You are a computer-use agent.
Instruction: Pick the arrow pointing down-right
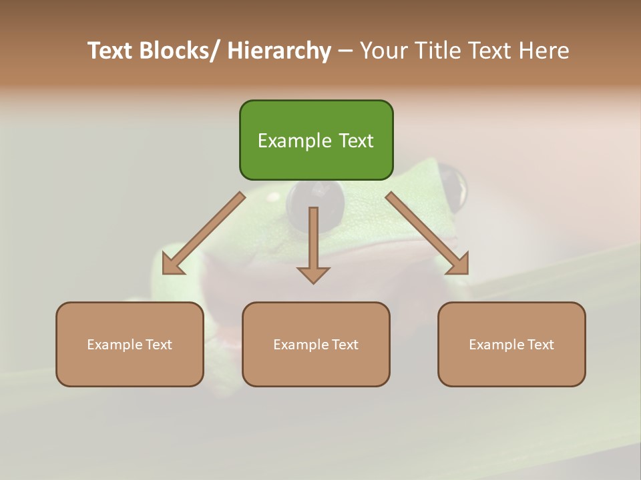427,233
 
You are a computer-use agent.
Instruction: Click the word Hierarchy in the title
278,51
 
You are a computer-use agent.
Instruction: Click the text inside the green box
316,141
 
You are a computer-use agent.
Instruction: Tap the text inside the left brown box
130,345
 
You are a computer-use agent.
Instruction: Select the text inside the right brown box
511,345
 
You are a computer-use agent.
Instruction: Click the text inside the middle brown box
316,345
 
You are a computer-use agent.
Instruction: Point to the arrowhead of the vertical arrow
313,275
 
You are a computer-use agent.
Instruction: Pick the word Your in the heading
383,51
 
